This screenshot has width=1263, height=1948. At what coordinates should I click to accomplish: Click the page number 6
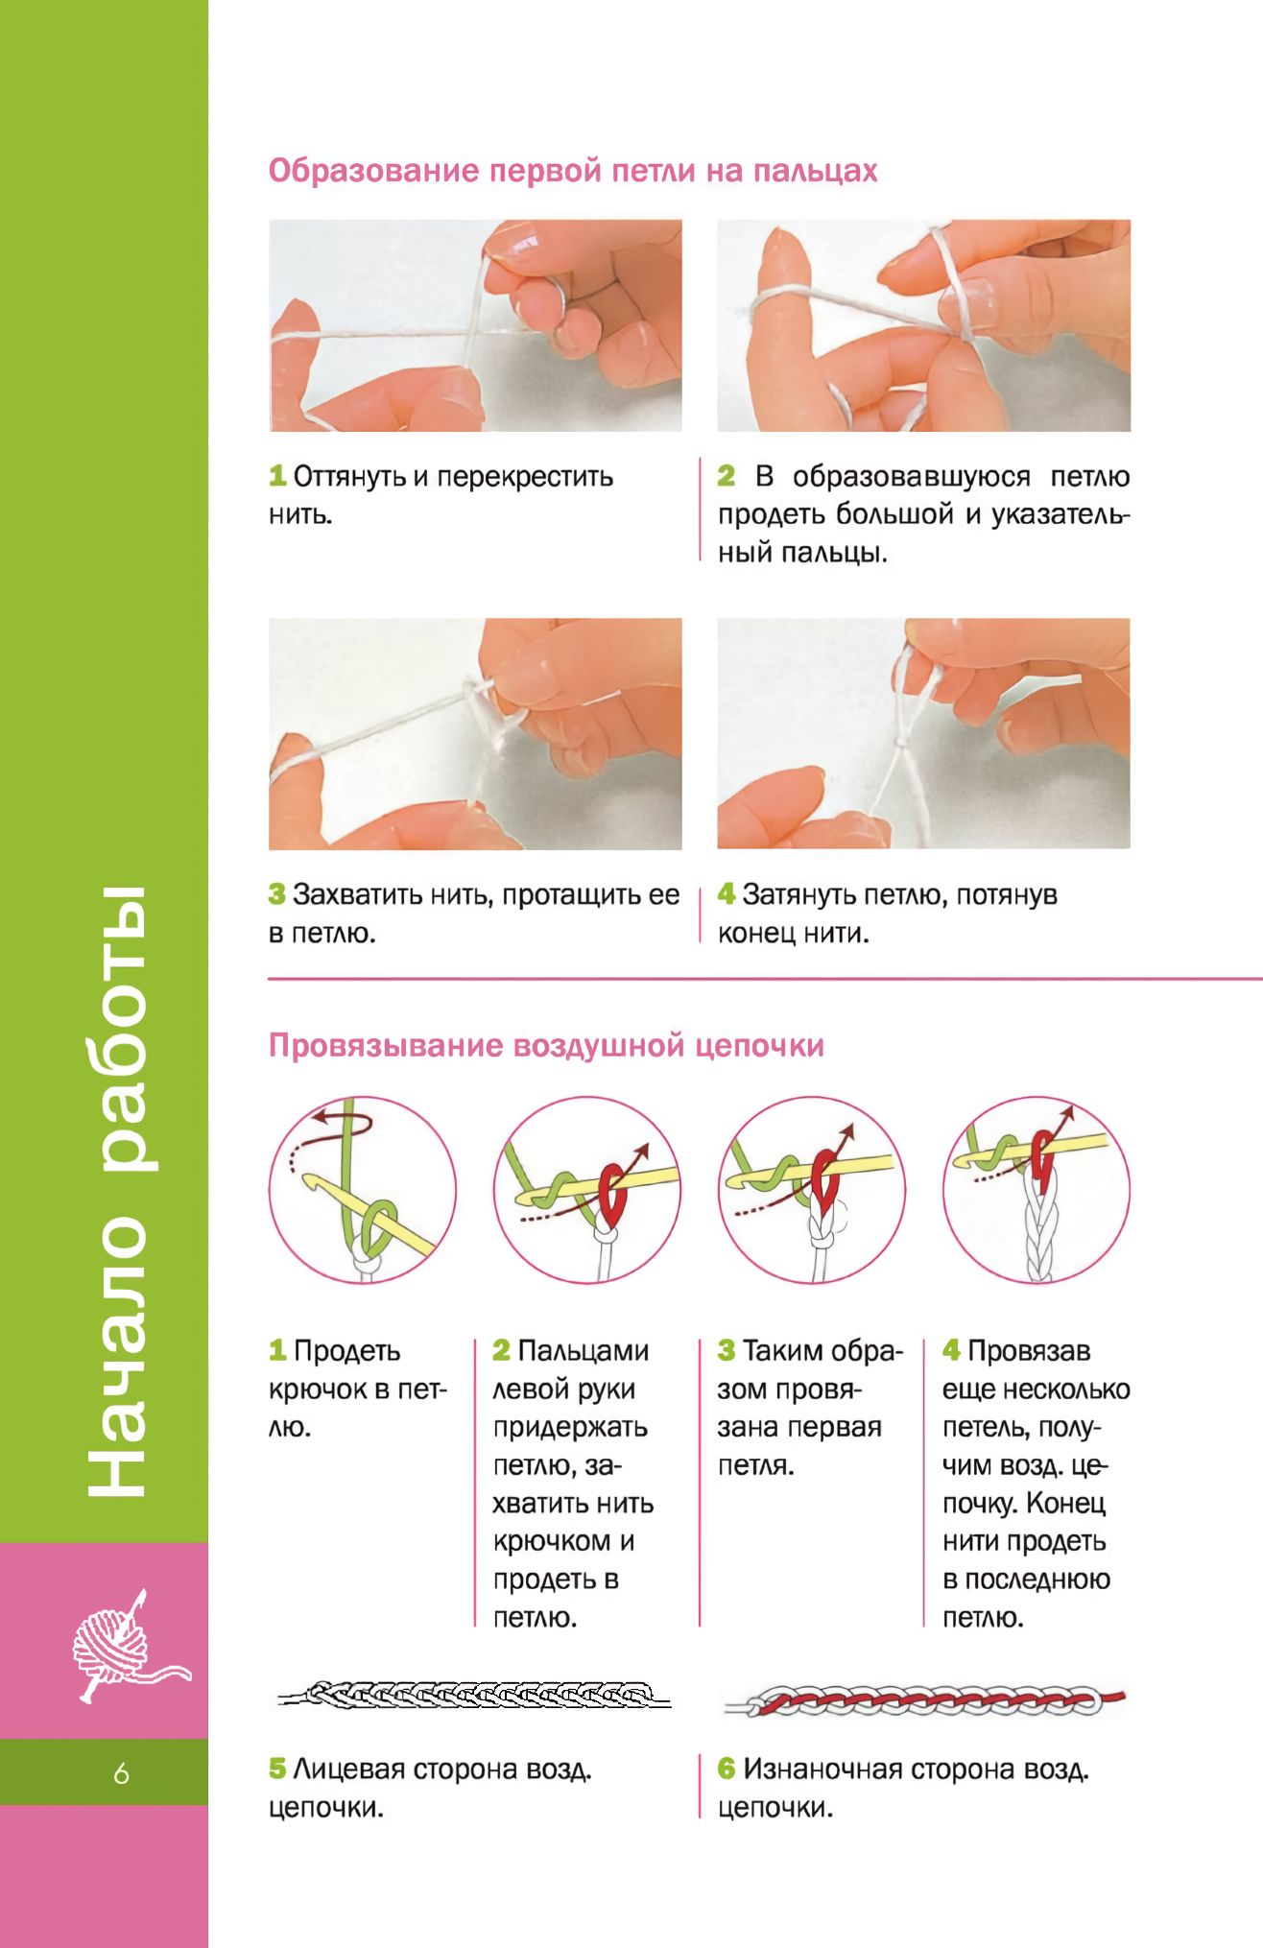(x=121, y=1772)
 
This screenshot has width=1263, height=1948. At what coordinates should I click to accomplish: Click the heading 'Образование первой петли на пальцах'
(x=573, y=171)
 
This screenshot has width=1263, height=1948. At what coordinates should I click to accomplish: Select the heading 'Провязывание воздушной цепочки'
(x=546, y=1045)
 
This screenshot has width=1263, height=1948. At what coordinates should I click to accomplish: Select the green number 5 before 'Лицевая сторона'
(x=277, y=1769)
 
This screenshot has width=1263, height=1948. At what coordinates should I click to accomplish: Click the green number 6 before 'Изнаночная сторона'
(x=727, y=1769)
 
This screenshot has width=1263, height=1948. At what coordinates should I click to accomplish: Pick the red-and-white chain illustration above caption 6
(x=924, y=1700)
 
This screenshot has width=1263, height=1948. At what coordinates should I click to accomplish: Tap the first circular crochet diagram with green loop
(x=363, y=1191)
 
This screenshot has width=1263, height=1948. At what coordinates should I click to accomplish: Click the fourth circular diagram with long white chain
(x=1037, y=1191)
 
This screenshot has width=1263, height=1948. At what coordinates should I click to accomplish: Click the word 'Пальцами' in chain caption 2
(x=584, y=1351)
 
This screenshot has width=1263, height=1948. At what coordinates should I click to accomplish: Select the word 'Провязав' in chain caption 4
(x=1029, y=1351)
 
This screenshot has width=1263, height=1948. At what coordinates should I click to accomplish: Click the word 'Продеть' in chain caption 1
(x=346, y=1351)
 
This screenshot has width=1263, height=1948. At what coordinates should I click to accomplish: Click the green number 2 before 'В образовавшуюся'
(x=727, y=476)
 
